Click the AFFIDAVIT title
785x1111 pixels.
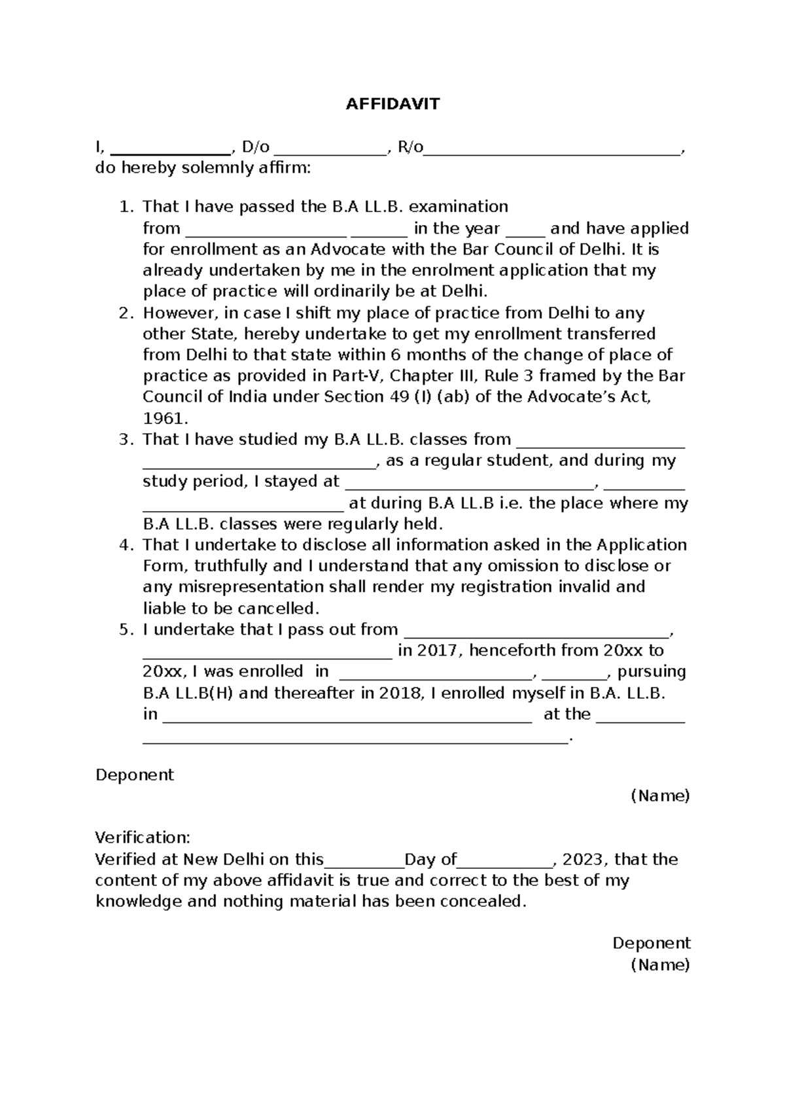tap(392, 104)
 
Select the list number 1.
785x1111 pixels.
tap(125, 207)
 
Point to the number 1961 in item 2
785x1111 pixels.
tap(165, 418)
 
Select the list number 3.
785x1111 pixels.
tap(125, 440)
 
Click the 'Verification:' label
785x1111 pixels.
tap(143, 838)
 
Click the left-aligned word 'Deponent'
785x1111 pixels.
tap(134, 775)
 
